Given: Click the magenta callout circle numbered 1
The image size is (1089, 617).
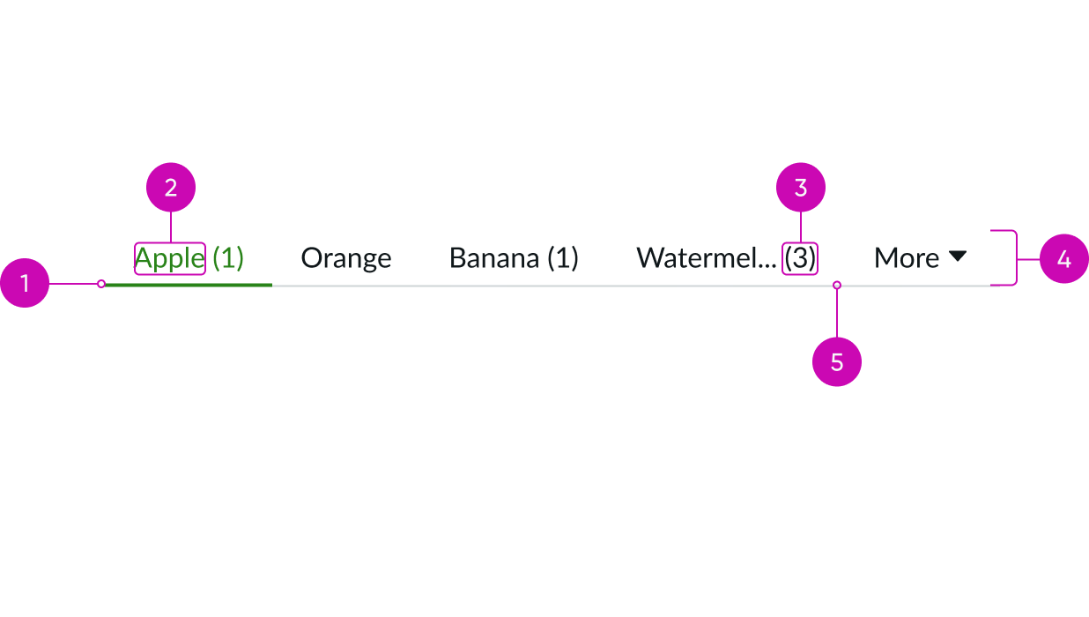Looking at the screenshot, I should [x=25, y=283].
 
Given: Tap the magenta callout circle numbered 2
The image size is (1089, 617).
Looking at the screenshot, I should [x=171, y=188].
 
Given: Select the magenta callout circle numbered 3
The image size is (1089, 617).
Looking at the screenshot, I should [x=800, y=188].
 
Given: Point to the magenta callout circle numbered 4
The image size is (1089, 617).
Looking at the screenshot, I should [x=1063, y=259].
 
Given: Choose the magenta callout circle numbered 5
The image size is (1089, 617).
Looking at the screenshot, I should [x=836, y=361].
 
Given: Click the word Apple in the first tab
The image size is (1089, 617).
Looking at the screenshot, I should [x=169, y=259].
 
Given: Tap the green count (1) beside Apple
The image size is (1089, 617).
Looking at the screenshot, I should [x=228, y=258].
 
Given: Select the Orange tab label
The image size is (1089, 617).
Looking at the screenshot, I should [x=345, y=258].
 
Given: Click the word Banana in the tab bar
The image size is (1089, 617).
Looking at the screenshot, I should [x=494, y=258].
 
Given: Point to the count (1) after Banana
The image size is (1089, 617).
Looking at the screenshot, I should [x=563, y=258].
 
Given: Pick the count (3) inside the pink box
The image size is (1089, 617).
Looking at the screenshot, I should [x=800, y=258].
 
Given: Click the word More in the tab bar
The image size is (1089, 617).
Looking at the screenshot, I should [x=906, y=258].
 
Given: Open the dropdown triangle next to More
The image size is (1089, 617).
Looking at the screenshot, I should [x=958, y=256].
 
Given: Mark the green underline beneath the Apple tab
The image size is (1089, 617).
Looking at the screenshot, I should [x=188, y=285].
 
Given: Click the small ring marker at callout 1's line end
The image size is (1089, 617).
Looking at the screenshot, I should [x=101, y=284].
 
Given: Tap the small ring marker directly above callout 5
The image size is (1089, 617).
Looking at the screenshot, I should [x=837, y=285].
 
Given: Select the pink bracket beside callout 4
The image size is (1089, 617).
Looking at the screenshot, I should [x=1013, y=258].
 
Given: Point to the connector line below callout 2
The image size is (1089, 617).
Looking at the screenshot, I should [x=171, y=227].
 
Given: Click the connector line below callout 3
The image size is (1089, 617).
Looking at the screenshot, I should [x=800, y=227].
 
